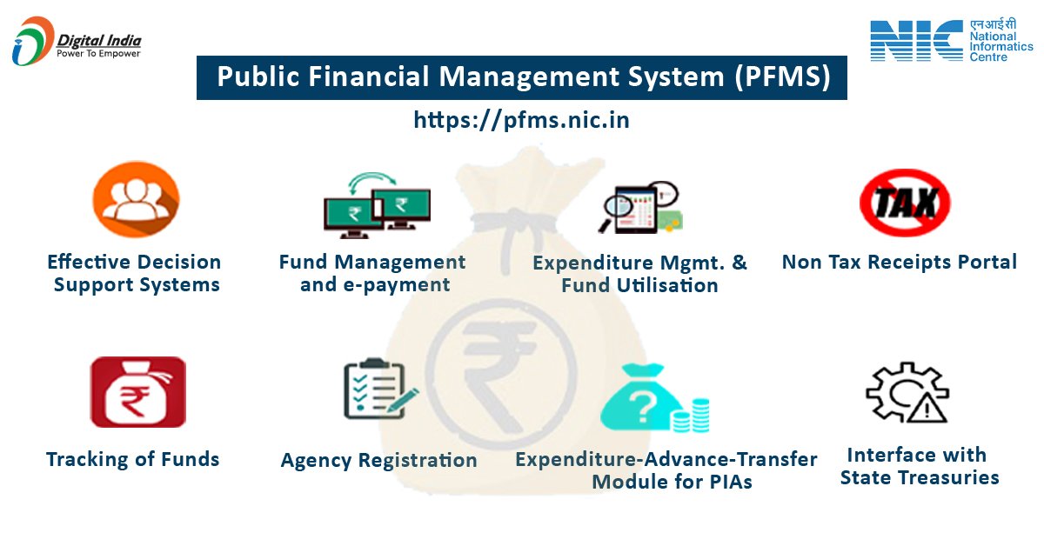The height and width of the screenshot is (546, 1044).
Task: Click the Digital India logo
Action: click(77, 42)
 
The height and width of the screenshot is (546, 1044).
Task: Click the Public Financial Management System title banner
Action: click(522, 77)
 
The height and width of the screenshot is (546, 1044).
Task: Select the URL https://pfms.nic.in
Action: click(522, 120)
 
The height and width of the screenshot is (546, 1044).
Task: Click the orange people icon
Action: click(136, 200)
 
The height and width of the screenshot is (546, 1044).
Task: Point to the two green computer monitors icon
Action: click(377, 206)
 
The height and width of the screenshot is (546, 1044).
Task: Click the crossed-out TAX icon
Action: click(904, 203)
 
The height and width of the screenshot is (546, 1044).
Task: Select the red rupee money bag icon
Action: click(137, 392)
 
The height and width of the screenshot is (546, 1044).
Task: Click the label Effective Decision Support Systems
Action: click(135, 273)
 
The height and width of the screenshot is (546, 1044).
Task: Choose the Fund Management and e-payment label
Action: click(373, 273)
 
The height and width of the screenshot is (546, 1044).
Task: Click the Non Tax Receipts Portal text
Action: click(899, 262)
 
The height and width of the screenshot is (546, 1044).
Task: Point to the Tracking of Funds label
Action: click(132, 459)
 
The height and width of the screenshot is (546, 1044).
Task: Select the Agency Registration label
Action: click(378, 460)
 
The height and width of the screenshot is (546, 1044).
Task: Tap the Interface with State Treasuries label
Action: click(919, 466)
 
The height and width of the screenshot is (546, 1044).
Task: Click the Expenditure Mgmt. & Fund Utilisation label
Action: click(639, 274)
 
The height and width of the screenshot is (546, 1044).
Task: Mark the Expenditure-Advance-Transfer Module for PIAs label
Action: click(666, 469)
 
